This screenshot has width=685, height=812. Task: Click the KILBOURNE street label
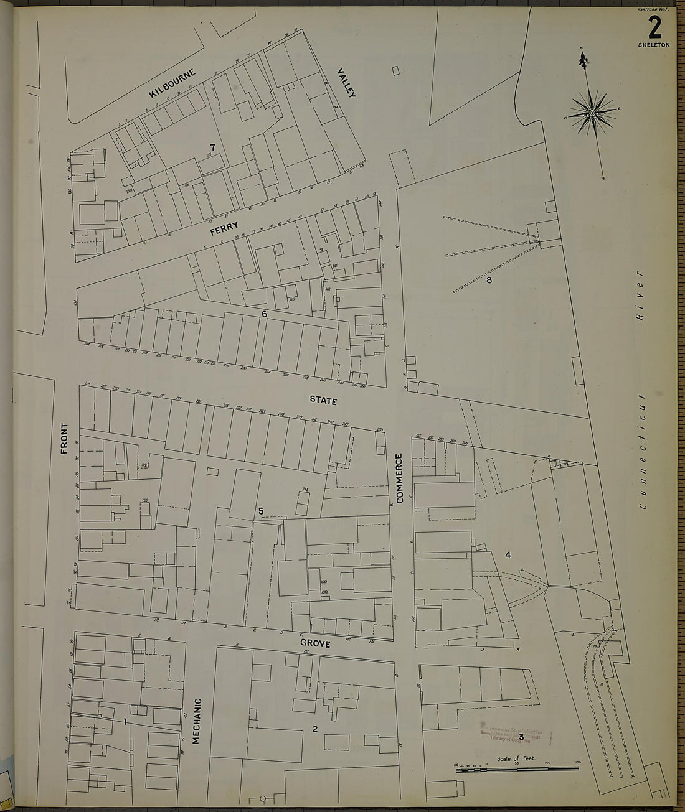click(172, 83)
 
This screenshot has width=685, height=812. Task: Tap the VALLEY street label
click(346, 83)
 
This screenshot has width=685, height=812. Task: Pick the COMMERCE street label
click(400, 478)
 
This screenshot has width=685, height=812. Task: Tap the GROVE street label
click(314, 644)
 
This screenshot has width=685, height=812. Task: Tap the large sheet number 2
click(654, 27)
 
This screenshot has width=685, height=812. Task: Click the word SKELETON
click(653, 45)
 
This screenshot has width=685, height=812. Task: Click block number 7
click(212, 147)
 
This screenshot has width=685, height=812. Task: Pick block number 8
click(489, 281)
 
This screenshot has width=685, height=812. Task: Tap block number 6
click(265, 314)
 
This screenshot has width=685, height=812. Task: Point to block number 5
click(261, 511)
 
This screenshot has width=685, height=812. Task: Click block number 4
click(508, 555)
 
